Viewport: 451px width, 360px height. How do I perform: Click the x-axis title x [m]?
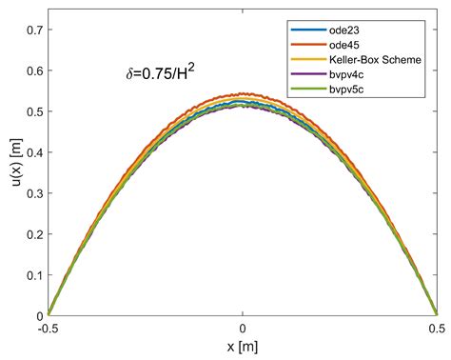pos(244,345)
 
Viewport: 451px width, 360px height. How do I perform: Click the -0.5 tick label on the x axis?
pos(49,328)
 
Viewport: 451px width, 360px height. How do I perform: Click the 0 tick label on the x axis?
pos(244,328)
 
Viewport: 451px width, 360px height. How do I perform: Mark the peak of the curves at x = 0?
pos(244,100)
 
